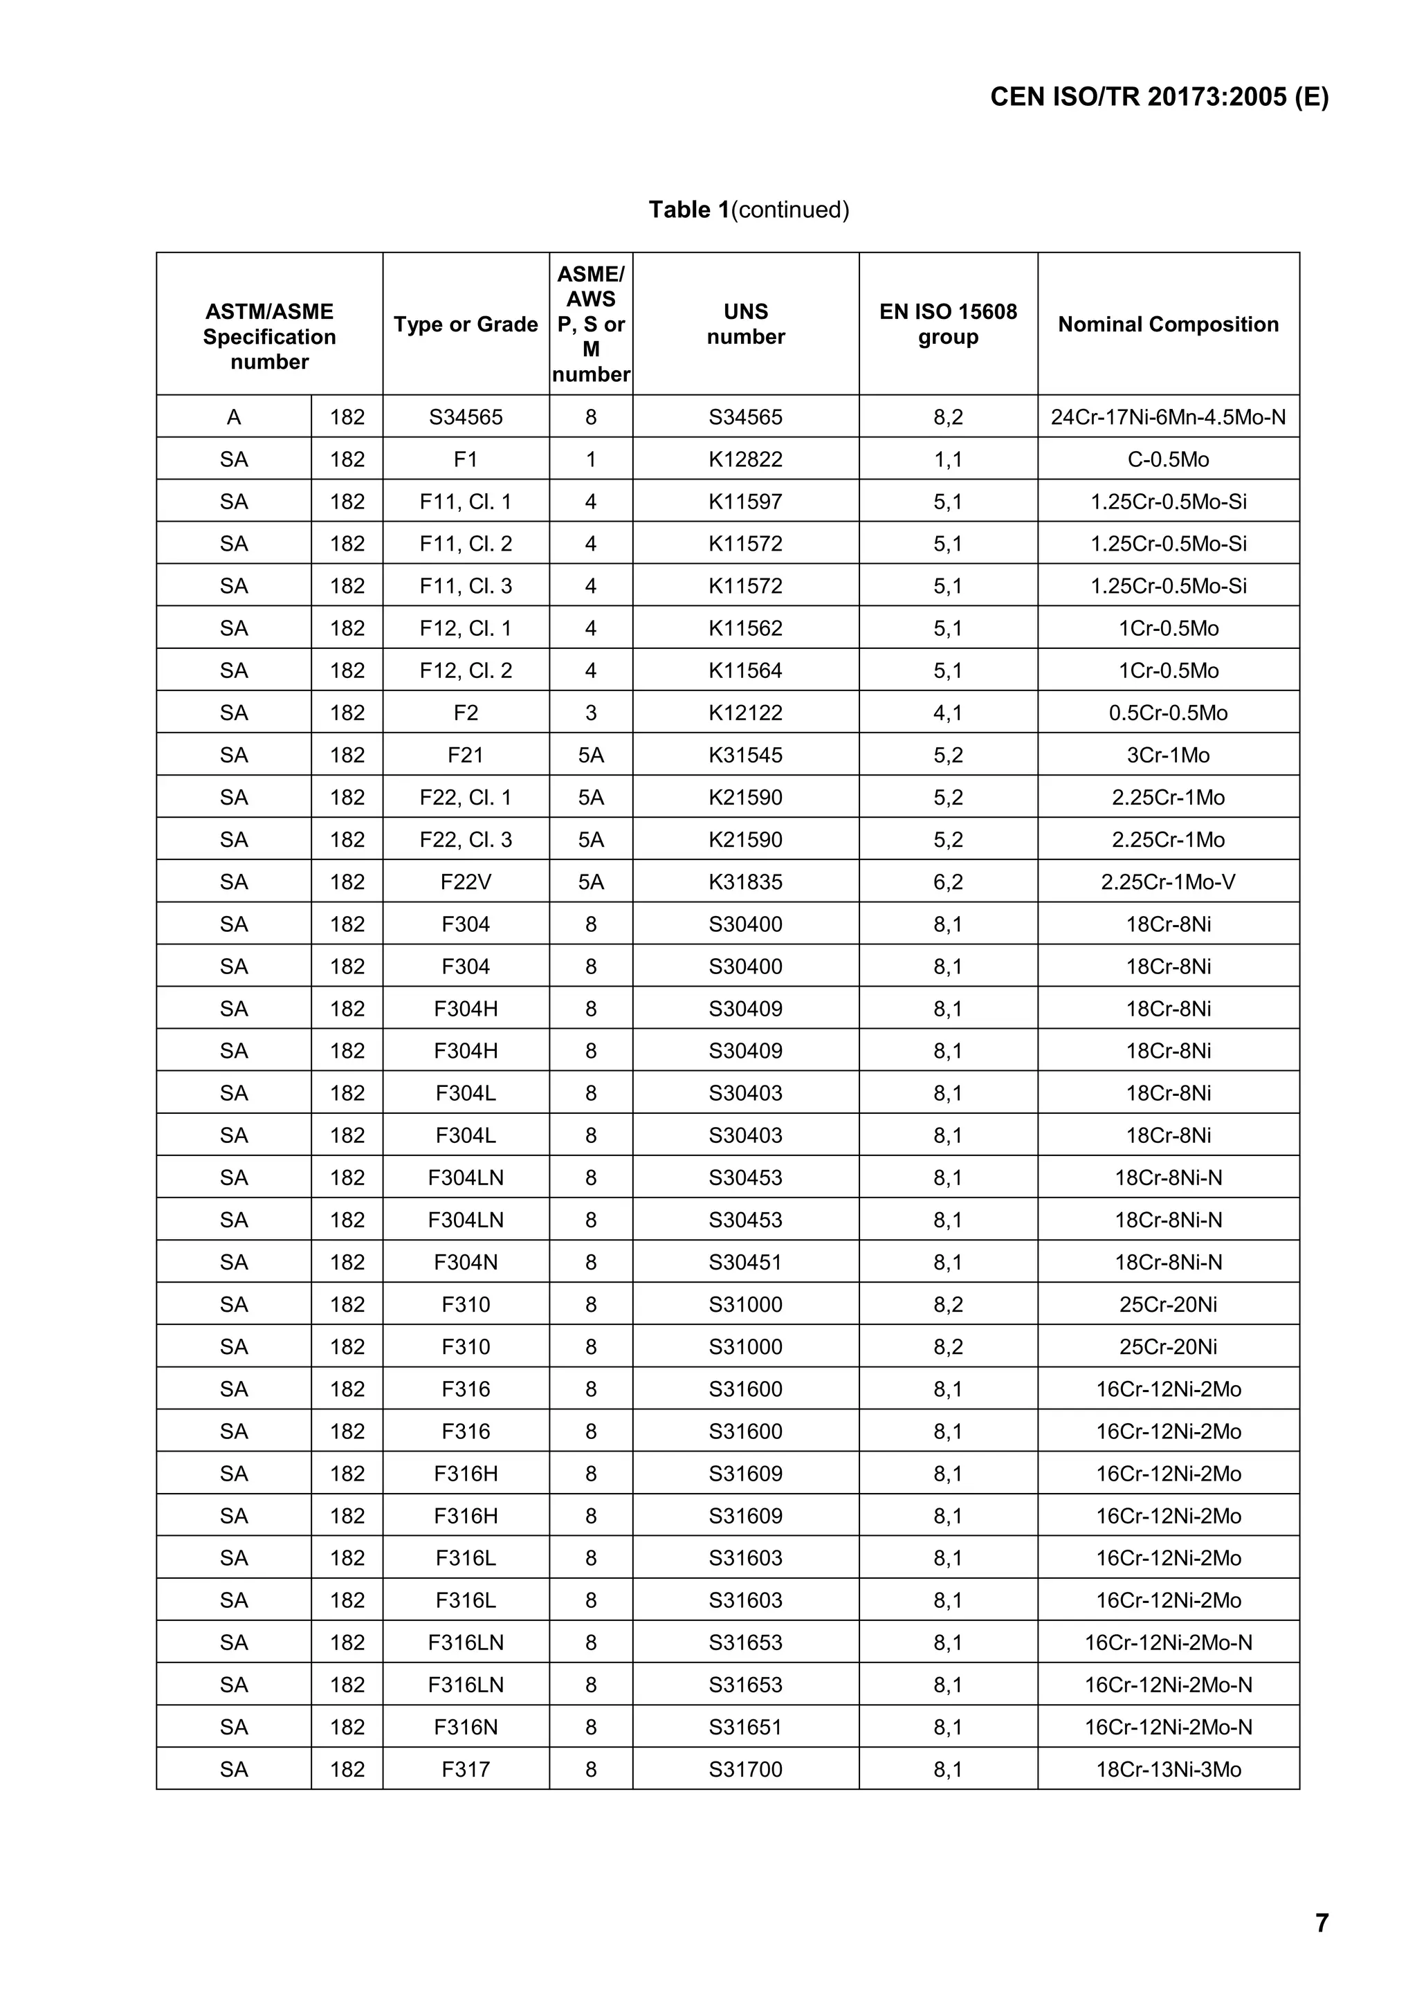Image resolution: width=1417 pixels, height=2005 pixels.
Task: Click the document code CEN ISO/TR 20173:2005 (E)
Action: (1158, 97)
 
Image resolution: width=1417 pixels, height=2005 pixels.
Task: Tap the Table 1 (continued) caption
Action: (748, 210)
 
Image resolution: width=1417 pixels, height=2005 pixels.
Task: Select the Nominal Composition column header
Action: (1167, 324)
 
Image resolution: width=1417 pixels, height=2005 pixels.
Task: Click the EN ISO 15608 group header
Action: (947, 324)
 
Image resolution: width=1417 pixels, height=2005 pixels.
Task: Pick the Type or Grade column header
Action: (466, 324)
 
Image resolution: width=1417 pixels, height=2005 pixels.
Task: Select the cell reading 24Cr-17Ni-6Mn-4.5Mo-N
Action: (1167, 416)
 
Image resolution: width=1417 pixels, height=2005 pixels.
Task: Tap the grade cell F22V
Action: (466, 882)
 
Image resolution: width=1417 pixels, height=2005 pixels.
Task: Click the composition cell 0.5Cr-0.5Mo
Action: (1167, 713)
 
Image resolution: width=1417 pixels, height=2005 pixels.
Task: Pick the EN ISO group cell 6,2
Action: (947, 882)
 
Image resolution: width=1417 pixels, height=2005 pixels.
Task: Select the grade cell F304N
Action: (466, 1262)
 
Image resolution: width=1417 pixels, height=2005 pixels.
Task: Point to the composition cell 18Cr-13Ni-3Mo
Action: (1167, 1769)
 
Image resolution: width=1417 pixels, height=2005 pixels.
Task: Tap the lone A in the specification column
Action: (233, 416)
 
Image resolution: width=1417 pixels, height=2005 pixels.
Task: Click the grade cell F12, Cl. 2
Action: (466, 670)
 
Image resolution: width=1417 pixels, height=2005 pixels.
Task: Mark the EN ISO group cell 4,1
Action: (947, 713)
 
